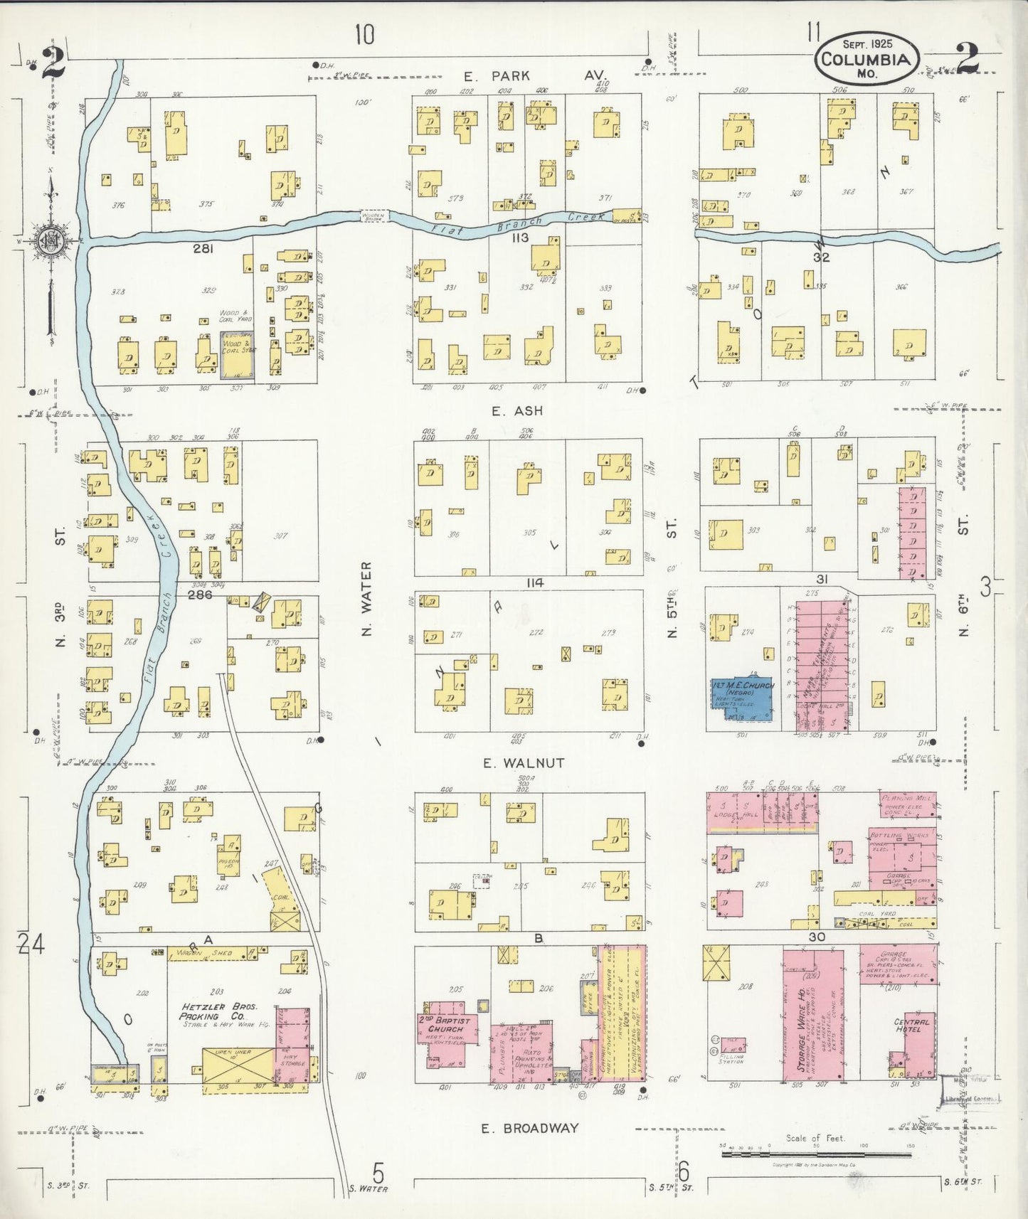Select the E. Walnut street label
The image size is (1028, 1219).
click(x=524, y=763)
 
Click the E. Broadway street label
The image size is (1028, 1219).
click(x=530, y=1127)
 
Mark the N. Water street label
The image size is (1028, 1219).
click(x=367, y=598)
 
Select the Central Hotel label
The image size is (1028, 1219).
click(x=912, y=1025)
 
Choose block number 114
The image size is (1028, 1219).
click(x=535, y=582)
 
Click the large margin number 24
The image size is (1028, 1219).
click(x=32, y=944)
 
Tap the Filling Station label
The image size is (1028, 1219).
click(x=732, y=1057)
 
